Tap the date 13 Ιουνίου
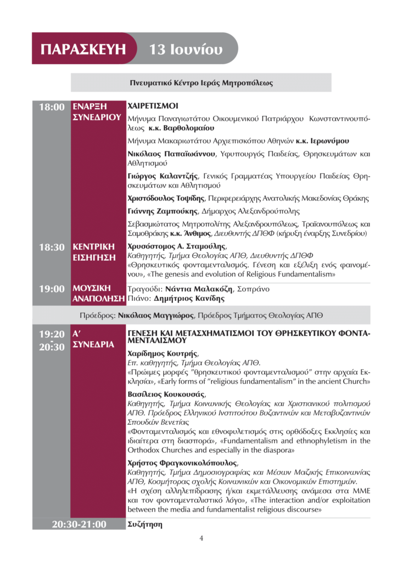pos(186,49)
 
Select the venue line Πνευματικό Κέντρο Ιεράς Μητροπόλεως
pos(201,83)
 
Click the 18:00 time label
pos(51,106)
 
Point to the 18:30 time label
pos(51,248)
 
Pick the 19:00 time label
pos(51,289)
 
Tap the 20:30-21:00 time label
pos(79,525)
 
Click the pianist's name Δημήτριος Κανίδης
pos(192,299)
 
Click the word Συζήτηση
pos(145,524)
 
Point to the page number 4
pos(201,538)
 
